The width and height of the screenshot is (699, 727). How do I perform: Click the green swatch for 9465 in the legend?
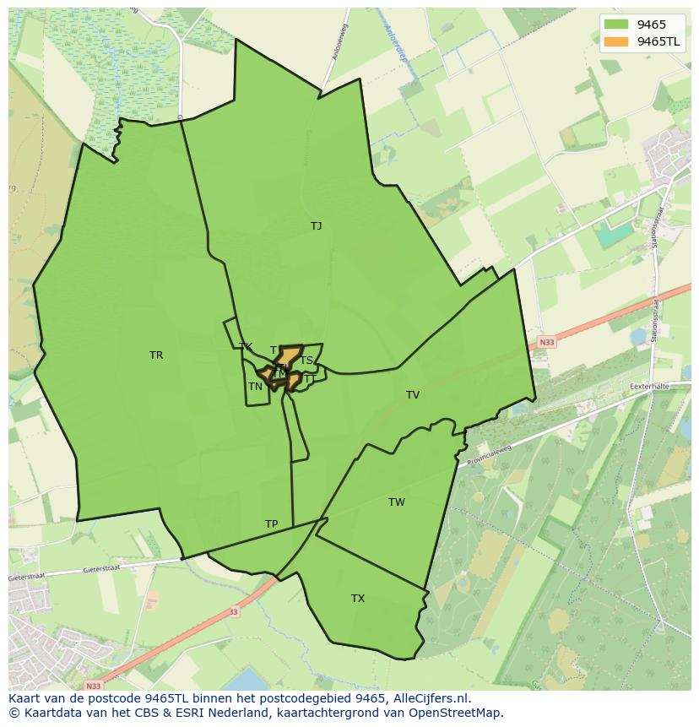tap(616, 24)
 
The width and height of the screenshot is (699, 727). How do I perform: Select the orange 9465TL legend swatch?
tap(616, 41)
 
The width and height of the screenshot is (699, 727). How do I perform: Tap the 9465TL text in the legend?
tap(658, 41)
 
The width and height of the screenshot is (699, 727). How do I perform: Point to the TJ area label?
tap(316, 226)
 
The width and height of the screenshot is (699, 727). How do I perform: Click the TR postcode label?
tap(156, 355)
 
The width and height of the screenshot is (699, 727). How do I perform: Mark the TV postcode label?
tap(413, 395)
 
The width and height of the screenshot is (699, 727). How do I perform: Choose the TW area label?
tap(397, 502)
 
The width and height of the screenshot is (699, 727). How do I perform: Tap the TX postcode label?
tap(358, 599)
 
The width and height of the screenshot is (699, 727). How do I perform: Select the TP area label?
tap(271, 524)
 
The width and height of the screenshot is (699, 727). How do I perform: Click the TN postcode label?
tap(255, 387)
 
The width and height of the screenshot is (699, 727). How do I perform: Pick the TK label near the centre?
tap(246, 347)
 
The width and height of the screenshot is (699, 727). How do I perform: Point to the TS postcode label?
tap(306, 361)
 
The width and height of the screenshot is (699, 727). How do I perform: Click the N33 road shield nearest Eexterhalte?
tap(547, 342)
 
